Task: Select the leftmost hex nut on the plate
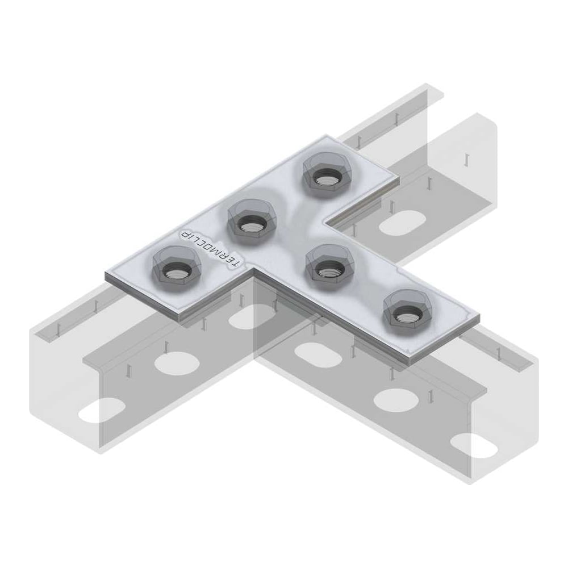pos(175,269)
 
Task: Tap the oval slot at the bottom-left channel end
pos(102,410)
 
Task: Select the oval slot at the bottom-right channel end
pos(474,445)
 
